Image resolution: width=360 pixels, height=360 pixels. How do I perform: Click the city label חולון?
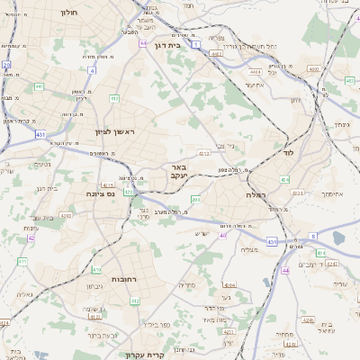click(69, 13)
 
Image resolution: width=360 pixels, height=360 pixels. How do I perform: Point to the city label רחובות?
click(123, 279)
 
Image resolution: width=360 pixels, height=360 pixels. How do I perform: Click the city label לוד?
click(288, 154)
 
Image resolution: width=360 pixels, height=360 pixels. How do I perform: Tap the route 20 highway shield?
click(7, 65)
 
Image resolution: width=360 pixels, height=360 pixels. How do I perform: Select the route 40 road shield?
click(223, 235)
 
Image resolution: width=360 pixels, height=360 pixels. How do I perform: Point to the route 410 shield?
click(96, 269)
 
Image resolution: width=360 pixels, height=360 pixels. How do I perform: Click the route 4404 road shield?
click(256, 71)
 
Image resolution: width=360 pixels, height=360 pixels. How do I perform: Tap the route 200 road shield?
click(195, 199)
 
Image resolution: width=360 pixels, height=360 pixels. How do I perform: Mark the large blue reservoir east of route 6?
click(338, 238)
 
